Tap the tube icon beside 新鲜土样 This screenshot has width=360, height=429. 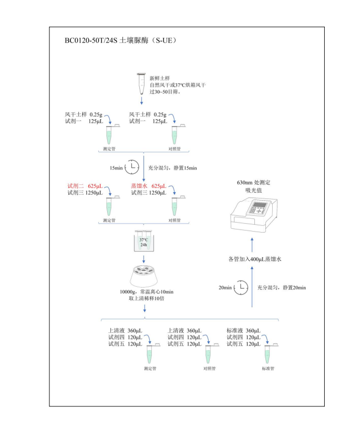coord(141,83)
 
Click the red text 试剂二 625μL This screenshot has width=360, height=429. coord(85,186)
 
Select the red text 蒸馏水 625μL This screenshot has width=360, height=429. coord(148,186)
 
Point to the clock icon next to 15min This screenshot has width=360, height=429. coord(131,167)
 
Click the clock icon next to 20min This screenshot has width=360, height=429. coord(241,287)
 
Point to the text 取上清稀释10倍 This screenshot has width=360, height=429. coord(144,298)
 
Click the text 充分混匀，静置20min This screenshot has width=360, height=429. coord(281,287)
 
